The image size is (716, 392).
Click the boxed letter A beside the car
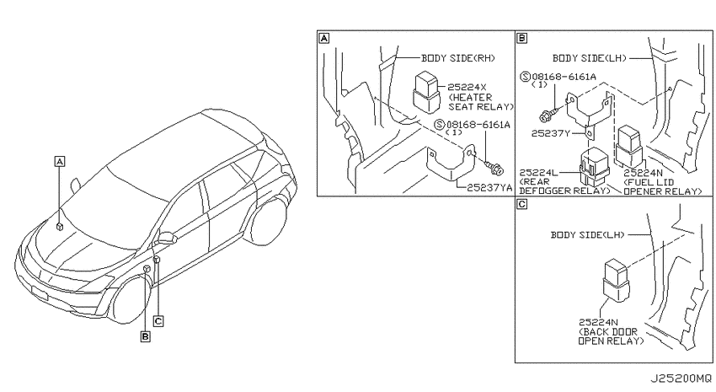59,161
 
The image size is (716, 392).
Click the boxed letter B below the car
145,336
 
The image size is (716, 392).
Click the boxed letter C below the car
158,321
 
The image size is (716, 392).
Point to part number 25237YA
489,187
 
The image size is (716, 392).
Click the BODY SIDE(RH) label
457,58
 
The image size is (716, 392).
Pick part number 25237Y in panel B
551,133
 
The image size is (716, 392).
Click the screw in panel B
549,115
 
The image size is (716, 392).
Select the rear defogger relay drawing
594,168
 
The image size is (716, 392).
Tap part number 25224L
539,172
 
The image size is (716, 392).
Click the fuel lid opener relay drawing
630,148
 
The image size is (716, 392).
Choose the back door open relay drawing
617,281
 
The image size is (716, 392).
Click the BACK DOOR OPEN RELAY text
611,336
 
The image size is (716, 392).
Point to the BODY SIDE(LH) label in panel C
587,235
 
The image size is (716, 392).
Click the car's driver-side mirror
167,238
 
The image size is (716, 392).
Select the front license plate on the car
40,293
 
